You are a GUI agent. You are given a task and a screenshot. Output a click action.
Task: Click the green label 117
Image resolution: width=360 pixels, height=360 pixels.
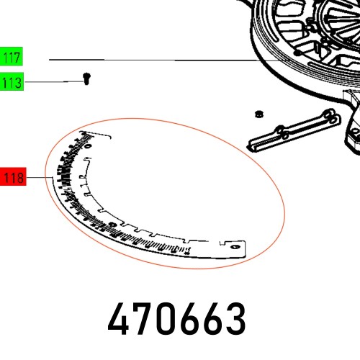point(12,57)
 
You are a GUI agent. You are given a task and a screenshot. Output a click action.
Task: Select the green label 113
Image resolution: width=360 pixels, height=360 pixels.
point(12,83)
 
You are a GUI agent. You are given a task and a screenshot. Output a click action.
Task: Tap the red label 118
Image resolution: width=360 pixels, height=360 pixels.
point(14,177)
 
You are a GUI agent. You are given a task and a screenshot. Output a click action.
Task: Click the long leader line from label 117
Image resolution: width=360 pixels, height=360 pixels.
point(158,60)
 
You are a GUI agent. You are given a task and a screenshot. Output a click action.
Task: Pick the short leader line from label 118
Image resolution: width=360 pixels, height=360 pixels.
point(40,177)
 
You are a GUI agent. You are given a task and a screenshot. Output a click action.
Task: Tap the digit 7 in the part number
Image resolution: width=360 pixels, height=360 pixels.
point(148,318)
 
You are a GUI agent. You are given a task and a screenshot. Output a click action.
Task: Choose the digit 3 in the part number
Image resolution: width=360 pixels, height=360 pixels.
point(231,318)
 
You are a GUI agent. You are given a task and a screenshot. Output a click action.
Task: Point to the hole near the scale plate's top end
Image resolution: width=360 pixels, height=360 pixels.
point(88,148)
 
